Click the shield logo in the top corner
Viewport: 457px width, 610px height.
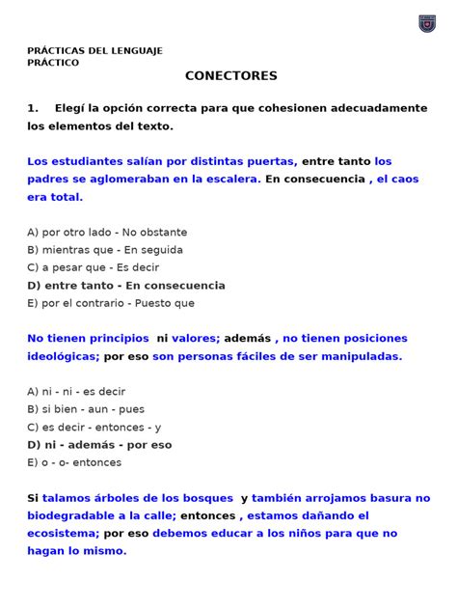427,23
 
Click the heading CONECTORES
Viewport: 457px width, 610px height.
230,75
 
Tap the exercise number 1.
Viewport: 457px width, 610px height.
33,108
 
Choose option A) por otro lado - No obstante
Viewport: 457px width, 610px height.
107,233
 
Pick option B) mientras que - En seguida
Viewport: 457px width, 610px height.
105,250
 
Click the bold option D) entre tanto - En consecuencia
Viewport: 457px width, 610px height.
126,286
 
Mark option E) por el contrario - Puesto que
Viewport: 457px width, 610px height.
111,303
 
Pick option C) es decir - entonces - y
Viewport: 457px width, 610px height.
94,427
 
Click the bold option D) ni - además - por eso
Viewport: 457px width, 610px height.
99,445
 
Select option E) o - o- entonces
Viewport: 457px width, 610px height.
74,462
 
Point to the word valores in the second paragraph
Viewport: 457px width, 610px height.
192,339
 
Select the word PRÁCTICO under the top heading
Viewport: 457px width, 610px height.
53,63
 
